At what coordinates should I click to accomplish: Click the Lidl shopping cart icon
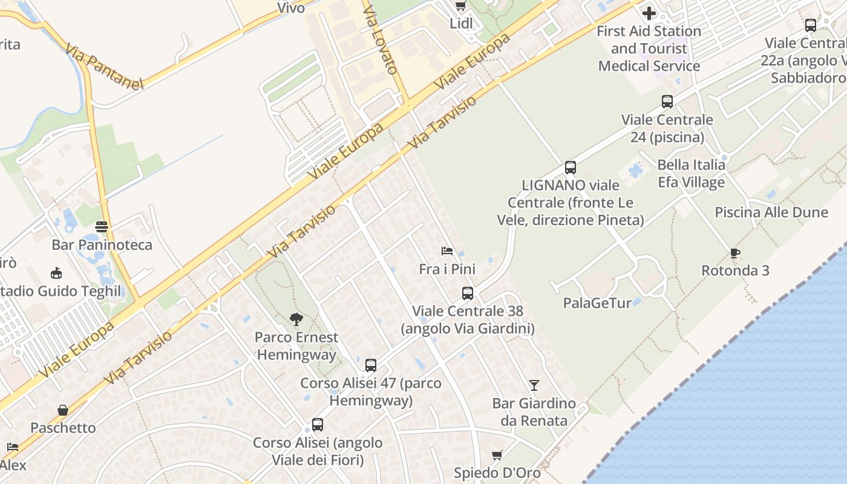460,6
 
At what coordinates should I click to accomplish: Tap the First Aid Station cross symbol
649,13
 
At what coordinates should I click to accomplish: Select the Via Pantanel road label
105,66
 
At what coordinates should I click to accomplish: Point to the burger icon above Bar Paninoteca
102,227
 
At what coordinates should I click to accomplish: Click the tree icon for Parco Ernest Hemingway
296,319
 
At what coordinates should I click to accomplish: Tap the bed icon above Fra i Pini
447,250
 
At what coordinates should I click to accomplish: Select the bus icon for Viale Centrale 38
468,293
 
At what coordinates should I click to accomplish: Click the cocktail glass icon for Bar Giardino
534,385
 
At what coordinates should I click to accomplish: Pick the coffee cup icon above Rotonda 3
735,253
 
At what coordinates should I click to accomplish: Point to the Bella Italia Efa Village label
692,174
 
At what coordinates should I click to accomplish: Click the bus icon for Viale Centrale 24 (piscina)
667,102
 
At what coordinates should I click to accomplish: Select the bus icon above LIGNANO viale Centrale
571,168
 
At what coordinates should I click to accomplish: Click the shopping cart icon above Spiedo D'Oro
497,455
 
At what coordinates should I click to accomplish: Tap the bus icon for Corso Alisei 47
371,365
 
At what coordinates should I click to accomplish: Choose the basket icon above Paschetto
63,410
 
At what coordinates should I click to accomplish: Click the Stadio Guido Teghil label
60,291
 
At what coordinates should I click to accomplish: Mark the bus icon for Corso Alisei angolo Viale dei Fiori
318,425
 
